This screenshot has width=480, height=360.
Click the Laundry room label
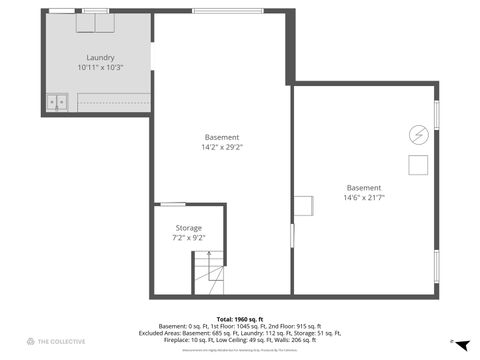(x=100, y=58)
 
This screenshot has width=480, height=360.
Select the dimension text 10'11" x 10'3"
(x=100, y=68)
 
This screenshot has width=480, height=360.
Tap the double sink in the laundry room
(x=56, y=101)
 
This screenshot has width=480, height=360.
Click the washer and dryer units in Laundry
(x=96, y=23)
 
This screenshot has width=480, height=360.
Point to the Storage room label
(x=188, y=228)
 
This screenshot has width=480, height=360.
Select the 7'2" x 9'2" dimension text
(x=188, y=238)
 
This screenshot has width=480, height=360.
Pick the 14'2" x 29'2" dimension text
(x=222, y=147)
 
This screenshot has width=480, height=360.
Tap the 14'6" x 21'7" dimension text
(x=364, y=197)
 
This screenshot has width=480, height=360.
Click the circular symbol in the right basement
(x=418, y=133)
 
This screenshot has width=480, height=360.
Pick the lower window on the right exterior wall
(x=436, y=266)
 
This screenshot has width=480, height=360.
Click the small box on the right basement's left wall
(x=299, y=204)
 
